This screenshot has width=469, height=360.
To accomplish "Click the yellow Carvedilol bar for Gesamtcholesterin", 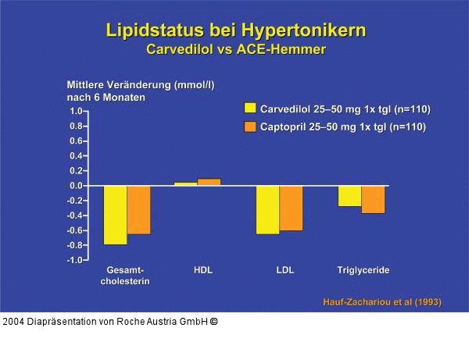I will click(116, 215).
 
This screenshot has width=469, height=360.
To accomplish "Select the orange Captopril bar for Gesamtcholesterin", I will click(139, 209).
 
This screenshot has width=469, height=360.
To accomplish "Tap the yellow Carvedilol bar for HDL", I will click(185, 184).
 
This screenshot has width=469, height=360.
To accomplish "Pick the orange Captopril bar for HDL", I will click(209, 182).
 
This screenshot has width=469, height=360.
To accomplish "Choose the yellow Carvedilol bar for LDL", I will click(267, 209).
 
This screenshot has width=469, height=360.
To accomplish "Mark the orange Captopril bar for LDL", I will click(291, 208).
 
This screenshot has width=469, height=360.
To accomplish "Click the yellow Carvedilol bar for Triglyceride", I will click(349, 196).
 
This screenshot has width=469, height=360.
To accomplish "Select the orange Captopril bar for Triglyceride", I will click(373, 199).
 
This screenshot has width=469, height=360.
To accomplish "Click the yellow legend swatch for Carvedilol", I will click(250, 109).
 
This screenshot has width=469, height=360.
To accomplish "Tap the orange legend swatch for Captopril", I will click(250, 126).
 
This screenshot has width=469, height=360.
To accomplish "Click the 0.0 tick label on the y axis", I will click(76, 186).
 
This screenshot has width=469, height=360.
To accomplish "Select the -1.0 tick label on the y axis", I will click(74, 260).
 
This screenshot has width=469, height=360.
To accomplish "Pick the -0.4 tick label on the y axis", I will click(74, 216).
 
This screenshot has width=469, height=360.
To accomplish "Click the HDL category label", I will click(202, 270).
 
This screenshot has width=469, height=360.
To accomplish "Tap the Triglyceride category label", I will click(363, 270).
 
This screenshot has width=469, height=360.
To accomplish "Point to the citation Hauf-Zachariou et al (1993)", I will click(381, 302).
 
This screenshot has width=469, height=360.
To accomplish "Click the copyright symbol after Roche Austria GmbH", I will click(213, 321).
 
